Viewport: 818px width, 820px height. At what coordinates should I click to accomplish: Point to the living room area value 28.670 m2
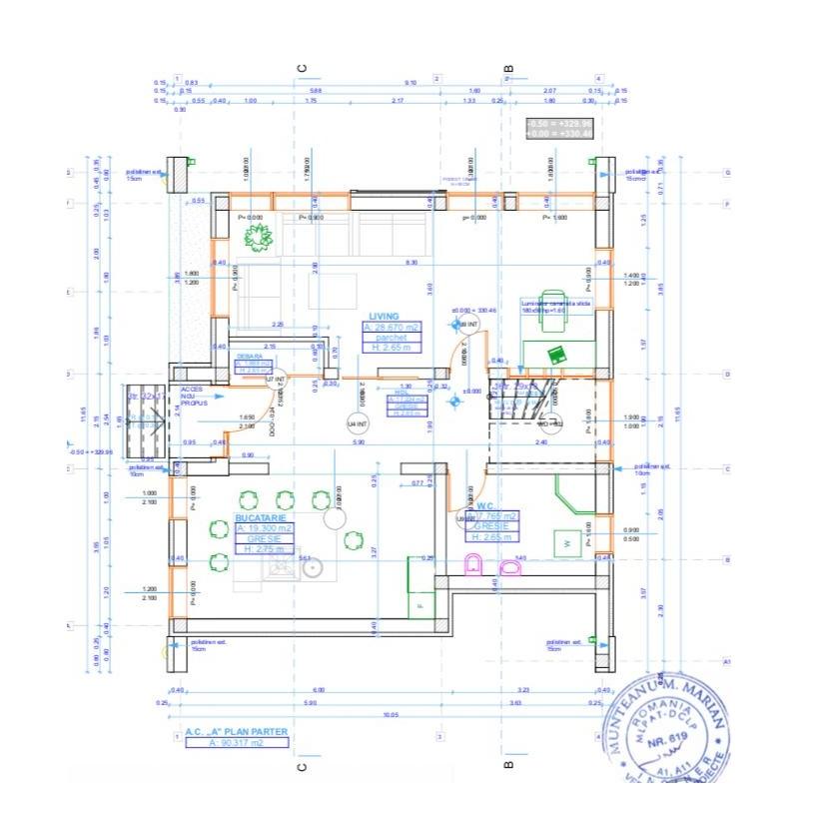[x=393, y=327]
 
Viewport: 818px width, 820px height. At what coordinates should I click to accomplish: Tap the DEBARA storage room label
[x=250, y=356]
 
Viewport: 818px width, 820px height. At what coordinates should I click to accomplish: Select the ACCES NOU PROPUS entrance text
[x=194, y=396]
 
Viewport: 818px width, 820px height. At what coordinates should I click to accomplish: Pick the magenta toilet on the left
[x=473, y=566]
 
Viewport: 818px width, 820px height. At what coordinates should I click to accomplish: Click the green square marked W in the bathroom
[x=568, y=543]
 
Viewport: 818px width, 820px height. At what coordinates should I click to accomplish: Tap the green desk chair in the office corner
[x=552, y=317]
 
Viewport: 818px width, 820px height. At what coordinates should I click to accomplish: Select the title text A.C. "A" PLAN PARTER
[x=237, y=732]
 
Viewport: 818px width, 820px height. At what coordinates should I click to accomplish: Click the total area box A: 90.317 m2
[x=237, y=743]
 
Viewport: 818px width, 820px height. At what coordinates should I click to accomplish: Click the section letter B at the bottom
[x=508, y=766]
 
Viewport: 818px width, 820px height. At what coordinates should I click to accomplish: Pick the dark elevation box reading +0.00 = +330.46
[x=559, y=133]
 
